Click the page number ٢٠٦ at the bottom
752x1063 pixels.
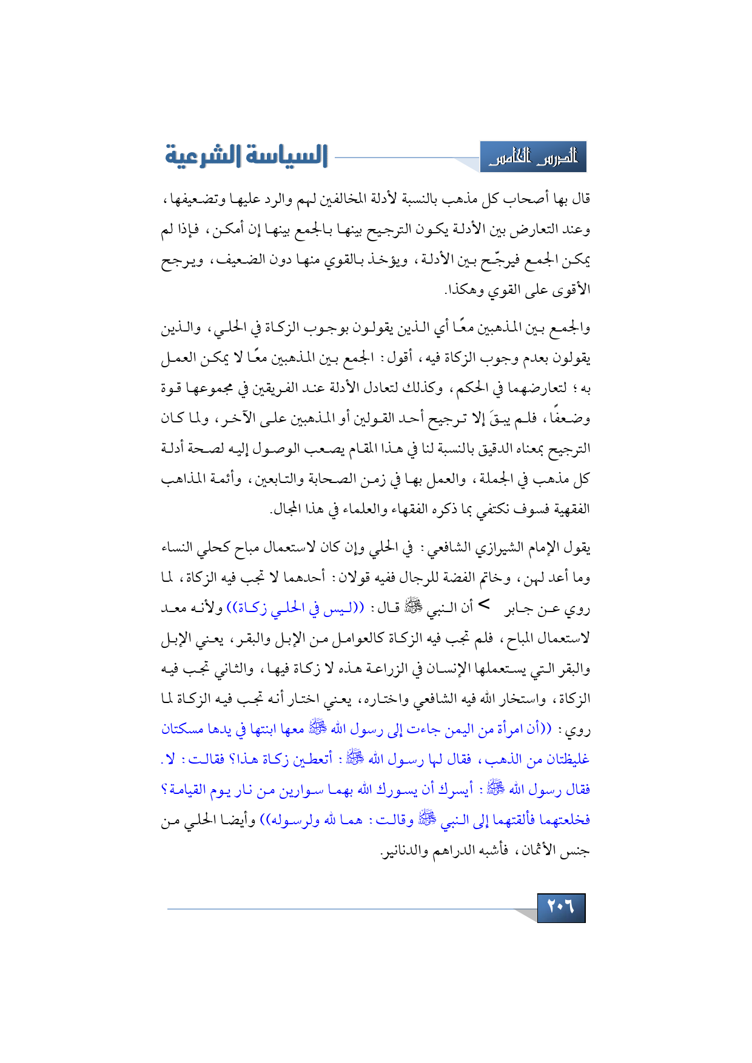[x=561, y=907]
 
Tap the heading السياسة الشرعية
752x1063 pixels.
[x=246, y=156]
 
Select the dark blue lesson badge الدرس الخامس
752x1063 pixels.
[x=533, y=158]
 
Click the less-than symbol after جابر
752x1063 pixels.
[x=484, y=604]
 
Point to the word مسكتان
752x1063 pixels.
[x=182, y=729]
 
